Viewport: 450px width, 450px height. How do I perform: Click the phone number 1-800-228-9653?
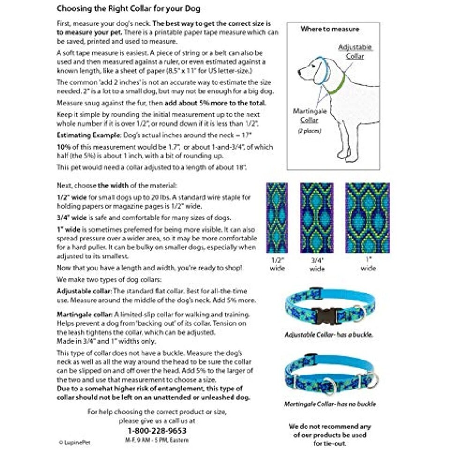click(x=157, y=430)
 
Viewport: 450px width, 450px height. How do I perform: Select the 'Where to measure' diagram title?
click(x=330, y=29)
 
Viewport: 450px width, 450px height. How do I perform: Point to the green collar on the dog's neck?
click(x=336, y=85)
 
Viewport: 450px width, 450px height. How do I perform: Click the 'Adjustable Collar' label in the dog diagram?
click(x=355, y=52)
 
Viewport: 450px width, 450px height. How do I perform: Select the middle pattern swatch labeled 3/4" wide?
click(x=317, y=217)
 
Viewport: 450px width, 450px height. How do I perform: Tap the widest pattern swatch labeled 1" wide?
click(x=367, y=217)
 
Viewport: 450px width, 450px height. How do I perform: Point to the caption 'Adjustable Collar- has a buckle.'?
click(x=329, y=335)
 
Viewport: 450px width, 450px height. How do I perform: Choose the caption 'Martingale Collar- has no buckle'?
click(x=330, y=404)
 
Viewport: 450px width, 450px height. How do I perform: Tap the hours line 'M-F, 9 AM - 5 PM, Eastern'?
click(x=157, y=440)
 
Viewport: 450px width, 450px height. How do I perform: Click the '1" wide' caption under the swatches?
click(x=368, y=264)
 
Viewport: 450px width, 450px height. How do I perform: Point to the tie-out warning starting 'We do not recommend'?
click(x=330, y=435)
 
